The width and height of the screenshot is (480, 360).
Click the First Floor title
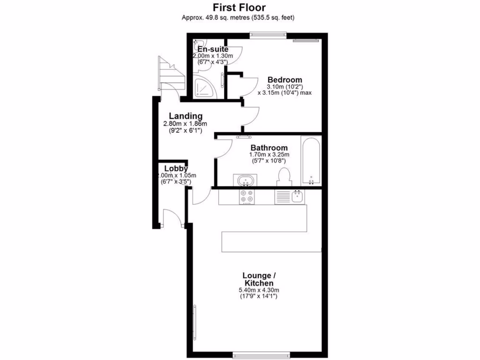(239, 7)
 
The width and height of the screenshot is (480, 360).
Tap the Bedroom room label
(285, 80)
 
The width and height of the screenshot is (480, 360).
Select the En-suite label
(213, 49)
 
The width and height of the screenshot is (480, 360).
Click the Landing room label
(186, 116)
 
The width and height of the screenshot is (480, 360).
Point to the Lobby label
(176, 168)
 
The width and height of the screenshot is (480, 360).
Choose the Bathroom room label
(269, 148)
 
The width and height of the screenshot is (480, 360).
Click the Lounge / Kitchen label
(258, 279)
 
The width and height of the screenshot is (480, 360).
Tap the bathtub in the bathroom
(310, 160)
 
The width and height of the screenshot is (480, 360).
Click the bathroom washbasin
(245, 180)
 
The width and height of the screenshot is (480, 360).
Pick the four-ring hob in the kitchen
(247, 197)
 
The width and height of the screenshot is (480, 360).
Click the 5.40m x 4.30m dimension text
(258, 291)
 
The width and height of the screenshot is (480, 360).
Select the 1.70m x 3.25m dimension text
(269, 154)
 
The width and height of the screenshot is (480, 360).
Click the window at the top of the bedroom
(268, 33)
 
